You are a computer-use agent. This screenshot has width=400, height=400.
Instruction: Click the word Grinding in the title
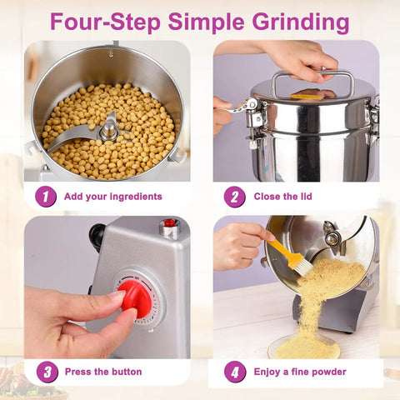[301, 22]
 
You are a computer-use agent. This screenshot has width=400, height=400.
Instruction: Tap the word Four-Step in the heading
[105, 22]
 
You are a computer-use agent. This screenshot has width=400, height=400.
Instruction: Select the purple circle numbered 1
[46, 197]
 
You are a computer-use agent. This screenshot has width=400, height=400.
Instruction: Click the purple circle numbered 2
[235, 197]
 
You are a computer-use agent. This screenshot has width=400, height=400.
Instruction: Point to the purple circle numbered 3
[47, 372]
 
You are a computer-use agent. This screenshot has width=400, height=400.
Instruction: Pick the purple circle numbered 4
[235, 372]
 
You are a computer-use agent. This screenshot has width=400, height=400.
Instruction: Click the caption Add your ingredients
[113, 197]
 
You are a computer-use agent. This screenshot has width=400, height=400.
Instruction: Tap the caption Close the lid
[282, 197]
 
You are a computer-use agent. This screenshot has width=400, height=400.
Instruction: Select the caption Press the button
[103, 372]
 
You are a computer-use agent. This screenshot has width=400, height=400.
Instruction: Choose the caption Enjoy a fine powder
[300, 372]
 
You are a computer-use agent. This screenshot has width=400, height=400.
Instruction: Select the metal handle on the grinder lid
[312, 82]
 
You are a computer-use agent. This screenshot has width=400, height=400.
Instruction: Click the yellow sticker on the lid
[306, 97]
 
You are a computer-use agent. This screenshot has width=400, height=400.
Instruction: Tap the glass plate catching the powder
[304, 347]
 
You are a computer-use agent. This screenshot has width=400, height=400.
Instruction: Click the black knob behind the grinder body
[97, 237]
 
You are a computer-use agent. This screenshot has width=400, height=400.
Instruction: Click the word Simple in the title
[207, 22]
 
